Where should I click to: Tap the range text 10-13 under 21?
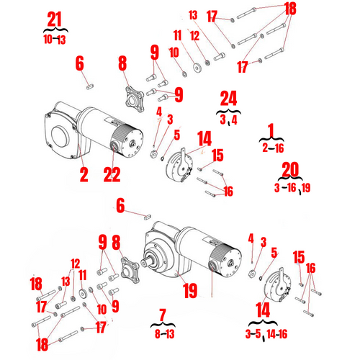(55, 38)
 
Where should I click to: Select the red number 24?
(229, 100)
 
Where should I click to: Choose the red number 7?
(162, 315)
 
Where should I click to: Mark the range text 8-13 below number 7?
(162, 333)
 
